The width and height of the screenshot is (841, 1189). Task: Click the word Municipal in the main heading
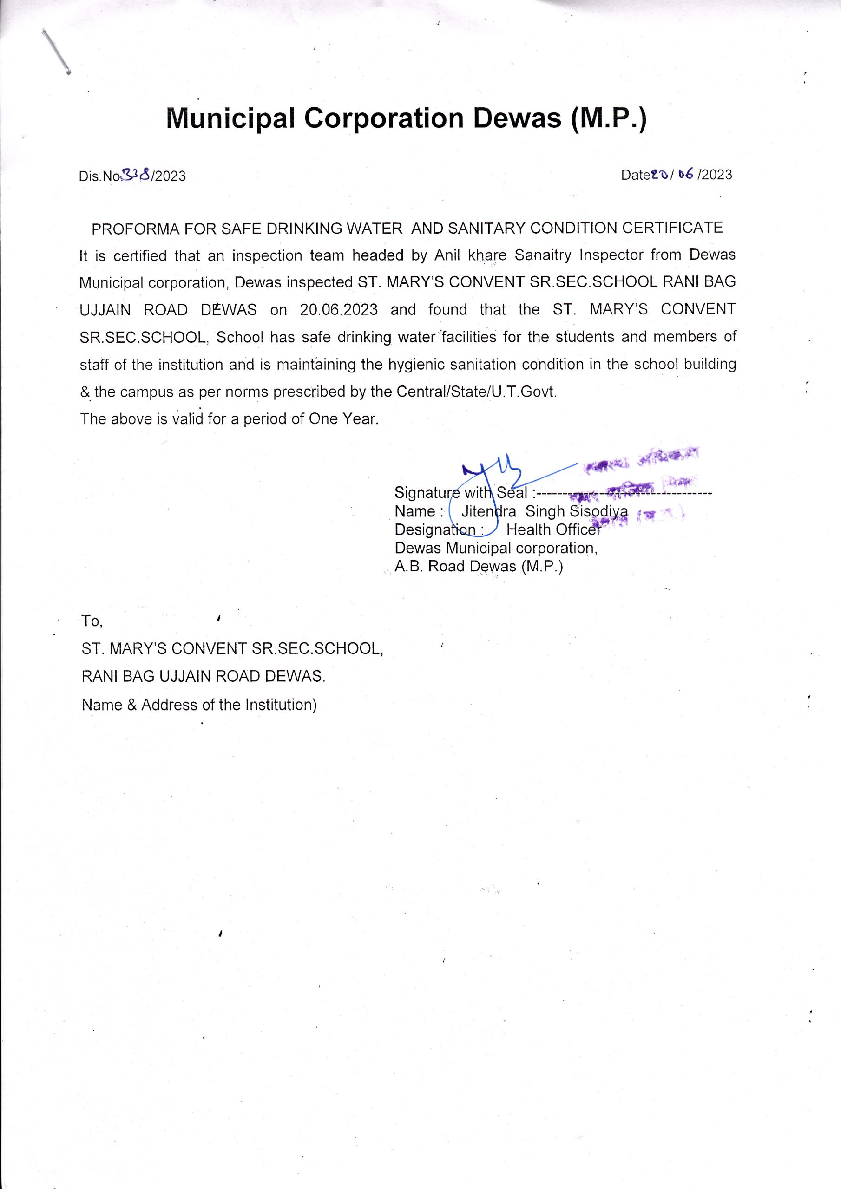[230, 119]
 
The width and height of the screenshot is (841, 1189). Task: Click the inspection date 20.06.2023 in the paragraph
[339, 310]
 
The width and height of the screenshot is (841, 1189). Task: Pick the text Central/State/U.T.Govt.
[477, 392]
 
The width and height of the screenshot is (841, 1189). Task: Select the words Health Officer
[553, 529]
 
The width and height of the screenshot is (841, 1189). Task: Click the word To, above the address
[92, 621]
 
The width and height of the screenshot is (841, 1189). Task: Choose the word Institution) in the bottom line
[280, 704]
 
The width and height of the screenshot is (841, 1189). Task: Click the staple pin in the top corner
[56, 51]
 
